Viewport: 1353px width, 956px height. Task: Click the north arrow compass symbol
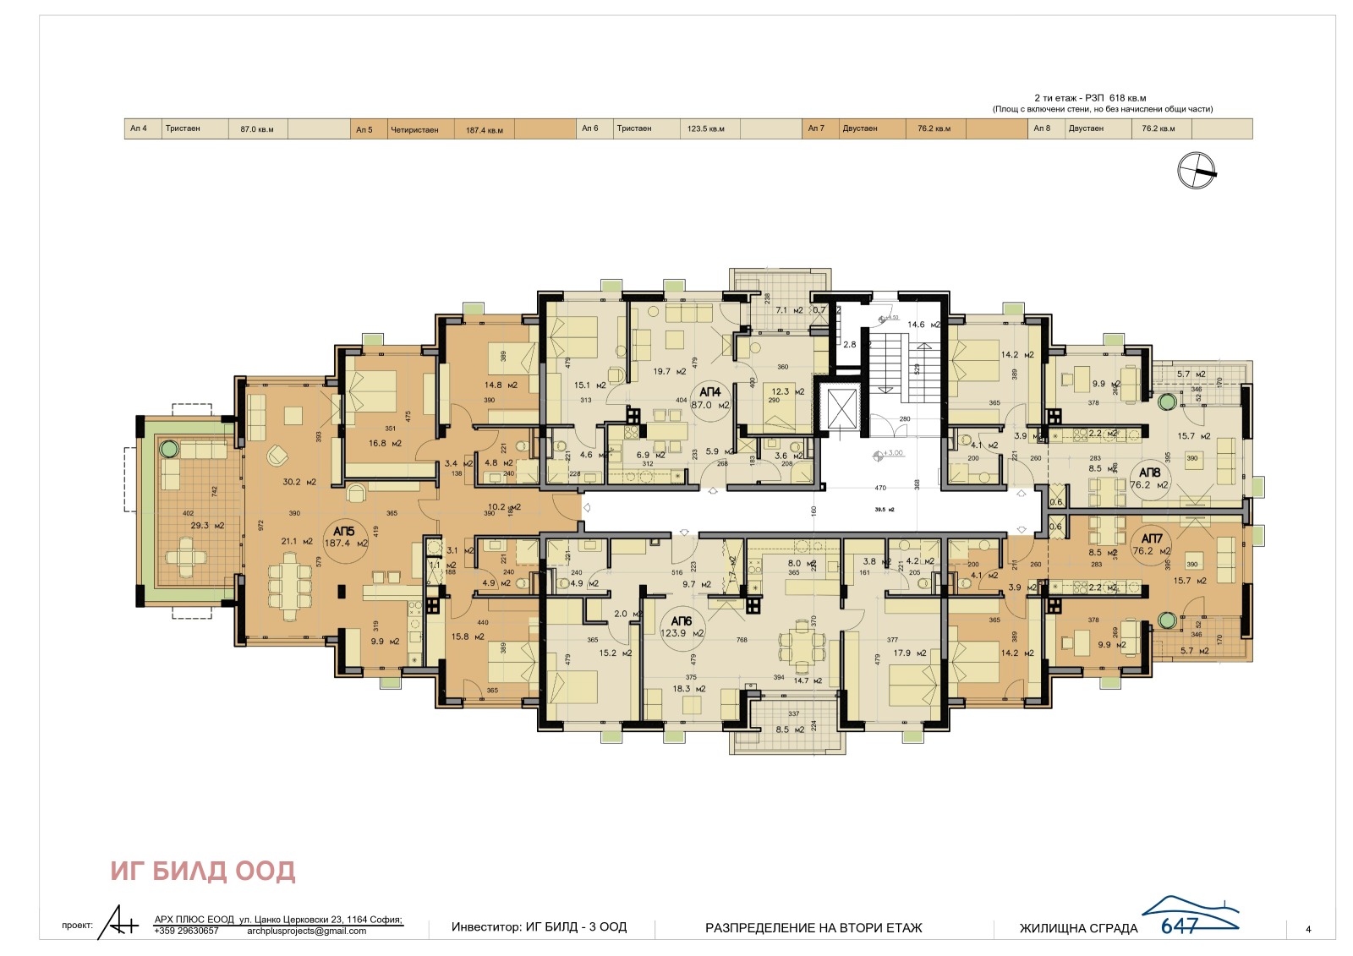[1196, 170]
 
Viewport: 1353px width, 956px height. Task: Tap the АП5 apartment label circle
[346, 538]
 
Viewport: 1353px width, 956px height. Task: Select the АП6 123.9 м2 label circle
[682, 627]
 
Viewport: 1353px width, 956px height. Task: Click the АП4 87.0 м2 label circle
[710, 398]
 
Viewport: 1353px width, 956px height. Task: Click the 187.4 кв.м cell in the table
[484, 129]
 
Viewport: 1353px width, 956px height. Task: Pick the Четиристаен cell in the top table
[414, 129]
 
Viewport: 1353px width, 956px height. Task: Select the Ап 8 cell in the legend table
[1042, 128]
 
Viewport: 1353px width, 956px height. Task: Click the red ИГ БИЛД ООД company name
[203, 871]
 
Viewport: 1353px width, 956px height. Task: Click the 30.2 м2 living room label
[299, 482]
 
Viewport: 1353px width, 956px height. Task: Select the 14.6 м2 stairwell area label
[922, 325]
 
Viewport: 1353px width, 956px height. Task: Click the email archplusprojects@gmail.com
[307, 931]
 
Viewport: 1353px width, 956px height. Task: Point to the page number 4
[1308, 929]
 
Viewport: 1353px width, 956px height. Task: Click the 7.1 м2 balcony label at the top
[788, 310]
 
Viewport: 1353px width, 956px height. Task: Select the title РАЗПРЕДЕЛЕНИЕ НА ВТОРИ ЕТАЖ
[813, 928]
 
